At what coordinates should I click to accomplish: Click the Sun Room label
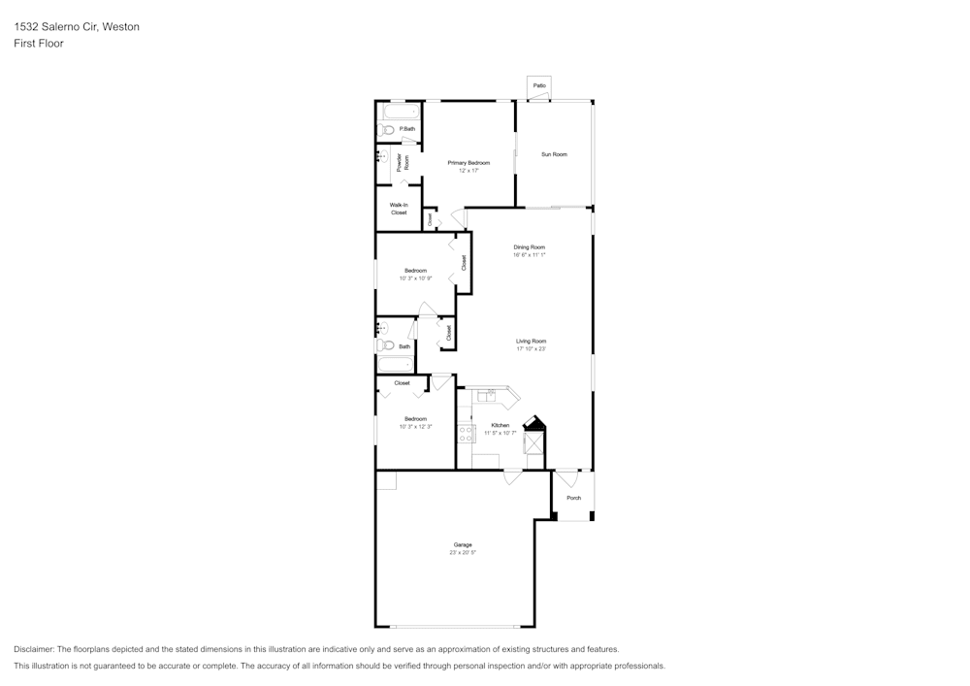point(554,154)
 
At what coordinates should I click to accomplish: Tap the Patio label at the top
point(539,85)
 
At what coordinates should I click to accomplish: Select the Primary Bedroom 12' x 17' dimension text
point(469,170)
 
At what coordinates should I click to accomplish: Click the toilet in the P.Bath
point(383,129)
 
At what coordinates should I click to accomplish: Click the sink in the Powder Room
point(382,156)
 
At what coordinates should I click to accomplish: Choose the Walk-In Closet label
point(399,209)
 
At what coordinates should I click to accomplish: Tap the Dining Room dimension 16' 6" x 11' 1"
point(530,255)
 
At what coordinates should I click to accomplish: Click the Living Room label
point(531,341)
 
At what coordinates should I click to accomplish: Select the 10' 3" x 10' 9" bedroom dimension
point(415,278)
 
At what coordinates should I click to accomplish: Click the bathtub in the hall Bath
point(395,365)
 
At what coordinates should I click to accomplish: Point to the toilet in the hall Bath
point(385,345)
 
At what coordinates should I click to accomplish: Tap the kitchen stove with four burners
point(466,433)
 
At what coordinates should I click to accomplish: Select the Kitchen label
point(501,425)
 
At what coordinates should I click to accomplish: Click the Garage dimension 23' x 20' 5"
point(463,552)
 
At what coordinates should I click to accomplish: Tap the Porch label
point(574,498)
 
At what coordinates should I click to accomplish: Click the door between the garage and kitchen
point(511,475)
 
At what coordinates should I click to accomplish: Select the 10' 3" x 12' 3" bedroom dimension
point(415,427)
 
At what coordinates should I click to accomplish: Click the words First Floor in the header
point(39,44)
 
